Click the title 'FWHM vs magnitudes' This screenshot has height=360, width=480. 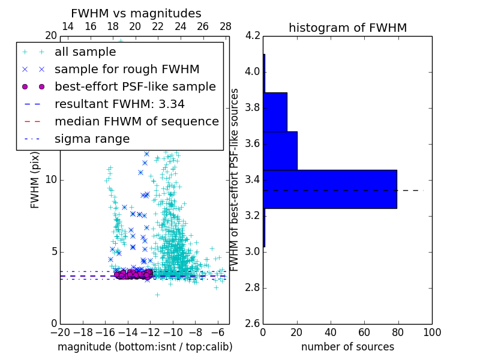tap(136, 13)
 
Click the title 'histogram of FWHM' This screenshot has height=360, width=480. tap(347, 28)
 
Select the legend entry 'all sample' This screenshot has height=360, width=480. tap(85, 52)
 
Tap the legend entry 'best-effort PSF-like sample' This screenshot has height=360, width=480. tap(135, 86)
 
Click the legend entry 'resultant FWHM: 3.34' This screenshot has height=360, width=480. tap(119, 104)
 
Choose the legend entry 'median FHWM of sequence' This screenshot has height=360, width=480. tap(136, 121)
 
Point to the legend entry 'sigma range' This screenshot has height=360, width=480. tap(92, 139)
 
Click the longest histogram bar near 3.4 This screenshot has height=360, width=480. tap(329, 189)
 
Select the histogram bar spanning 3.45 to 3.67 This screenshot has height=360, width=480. tap(280, 150)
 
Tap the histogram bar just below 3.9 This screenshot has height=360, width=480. tap(275, 112)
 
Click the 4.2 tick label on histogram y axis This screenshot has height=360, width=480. tap(253, 36)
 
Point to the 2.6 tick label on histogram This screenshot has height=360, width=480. tap(253, 323)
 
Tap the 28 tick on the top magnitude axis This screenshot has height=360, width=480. tap(226, 27)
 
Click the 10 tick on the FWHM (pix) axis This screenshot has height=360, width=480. tap(50, 180)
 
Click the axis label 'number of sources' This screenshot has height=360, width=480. tap(347, 347)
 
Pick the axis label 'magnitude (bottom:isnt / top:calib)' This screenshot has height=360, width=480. tap(145, 347)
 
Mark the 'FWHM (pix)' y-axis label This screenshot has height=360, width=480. tap(35, 180)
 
